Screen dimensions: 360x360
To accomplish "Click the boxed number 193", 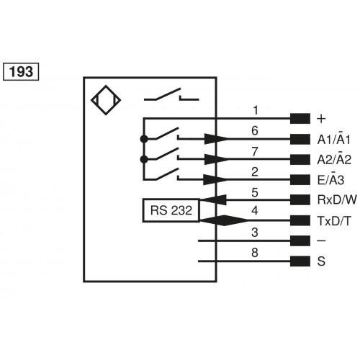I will click(x=22, y=71).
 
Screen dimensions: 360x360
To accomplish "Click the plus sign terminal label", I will click(x=321, y=118).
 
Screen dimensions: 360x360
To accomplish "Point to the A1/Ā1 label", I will click(x=333, y=139).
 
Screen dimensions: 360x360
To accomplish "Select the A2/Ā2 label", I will click(x=333, y=159).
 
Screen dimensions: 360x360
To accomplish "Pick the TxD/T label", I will click(x=333, y=220).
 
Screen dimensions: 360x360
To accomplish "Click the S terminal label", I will click(x=320, y=261).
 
